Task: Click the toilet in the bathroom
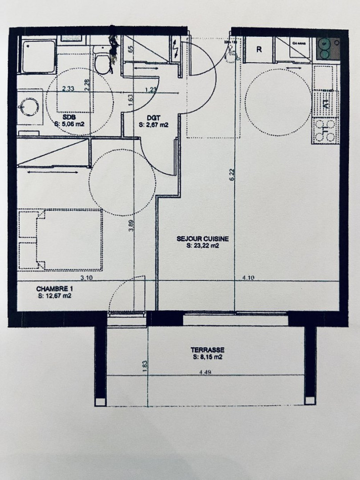(103, 63)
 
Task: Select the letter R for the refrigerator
(259, 50)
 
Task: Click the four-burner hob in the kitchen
(325, 130)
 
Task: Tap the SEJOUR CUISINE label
(202, 239)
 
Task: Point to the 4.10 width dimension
(248, 277)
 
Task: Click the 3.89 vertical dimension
(131, 225)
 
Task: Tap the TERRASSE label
(207, 350)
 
